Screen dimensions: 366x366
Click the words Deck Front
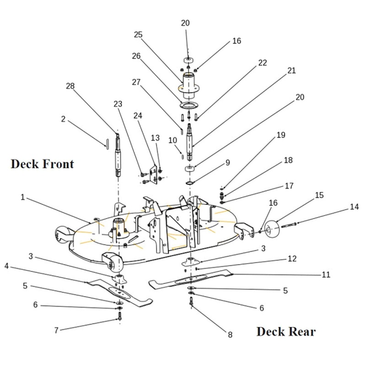pos(42,164)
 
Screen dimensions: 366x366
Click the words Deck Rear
pos(286,331)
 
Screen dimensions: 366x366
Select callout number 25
pos(138,34)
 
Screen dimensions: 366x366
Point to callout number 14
pos(354,206)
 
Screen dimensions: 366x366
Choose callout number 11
pos(326,274)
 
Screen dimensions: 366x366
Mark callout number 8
pos(230,334)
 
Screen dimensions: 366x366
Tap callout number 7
pos(56,330)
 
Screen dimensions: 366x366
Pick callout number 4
pos(7,265)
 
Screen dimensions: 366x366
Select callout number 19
pos(280,135)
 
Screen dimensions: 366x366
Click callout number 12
pos(292,258)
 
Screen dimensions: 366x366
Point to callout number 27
pos(136,82)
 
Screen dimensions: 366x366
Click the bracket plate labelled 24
pos(153,172)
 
